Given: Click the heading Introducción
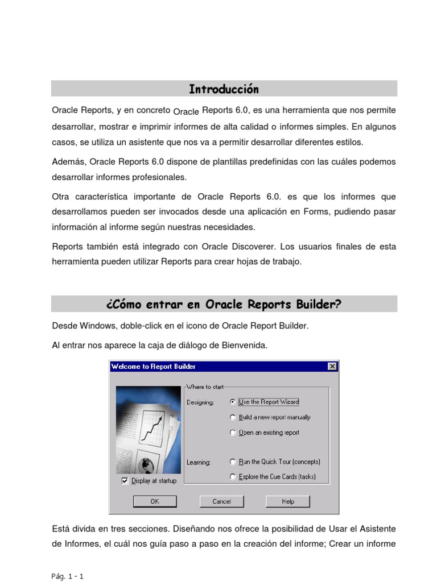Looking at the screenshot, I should (x=224, y=89).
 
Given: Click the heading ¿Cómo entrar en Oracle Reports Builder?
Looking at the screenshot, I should (x=224, y=304).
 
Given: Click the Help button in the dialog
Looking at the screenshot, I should (x=288, y=501).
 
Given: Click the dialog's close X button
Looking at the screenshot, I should (x=332, y=367).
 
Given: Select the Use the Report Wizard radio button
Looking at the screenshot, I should (x=233, y=401).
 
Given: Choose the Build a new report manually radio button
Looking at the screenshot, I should (x=233, y=417).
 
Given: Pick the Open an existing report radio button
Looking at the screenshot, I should (x=233, y=433).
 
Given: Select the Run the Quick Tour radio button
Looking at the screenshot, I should (x=233, y=462).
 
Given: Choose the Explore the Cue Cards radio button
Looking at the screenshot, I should (x=233, y=477).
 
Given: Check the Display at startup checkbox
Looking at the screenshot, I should (x=125, y=480).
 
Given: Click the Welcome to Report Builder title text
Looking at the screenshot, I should (x=146, y=367).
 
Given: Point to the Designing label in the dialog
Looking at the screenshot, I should (x=200, y=402).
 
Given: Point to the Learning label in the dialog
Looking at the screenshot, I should (x=199, y=462).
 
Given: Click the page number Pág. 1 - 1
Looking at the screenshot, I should (x=67, y=576).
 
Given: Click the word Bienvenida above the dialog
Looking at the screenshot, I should (x=246, y=346).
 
